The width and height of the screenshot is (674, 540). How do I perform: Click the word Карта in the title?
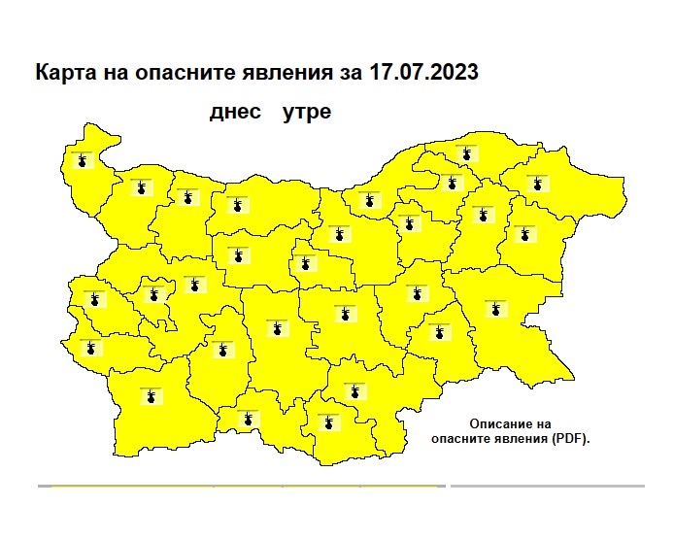pyautogui.click(x=63, y=74)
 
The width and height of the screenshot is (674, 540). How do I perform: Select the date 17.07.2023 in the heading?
pyautogui.click(x=423, y=74)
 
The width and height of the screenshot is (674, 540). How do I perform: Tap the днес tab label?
pyautogui.click(x=236, y=112)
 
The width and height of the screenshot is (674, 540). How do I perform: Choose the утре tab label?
pyautogui.click(x=307, y=112)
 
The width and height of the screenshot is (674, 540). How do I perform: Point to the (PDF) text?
pyautogui.click(x=568, y=438)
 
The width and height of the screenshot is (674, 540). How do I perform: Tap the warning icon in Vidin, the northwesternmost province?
pyautogui.click(x=83, y=160)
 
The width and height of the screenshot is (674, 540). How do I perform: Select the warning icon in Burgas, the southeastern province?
pyautogui.click(x=496, y=310)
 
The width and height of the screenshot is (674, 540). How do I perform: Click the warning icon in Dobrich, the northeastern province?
pyautogui.click(x=534, y=183)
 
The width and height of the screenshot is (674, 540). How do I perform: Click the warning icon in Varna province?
pyautogui.click(x=525, y=234)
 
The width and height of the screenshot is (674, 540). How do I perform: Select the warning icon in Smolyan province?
pyautogui.click(x=248, y=419)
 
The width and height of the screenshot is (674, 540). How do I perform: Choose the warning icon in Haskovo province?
pyautogui.click(x=354, y=391)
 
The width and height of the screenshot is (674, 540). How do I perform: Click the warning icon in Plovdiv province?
pyautogui.click(x=278, y=327)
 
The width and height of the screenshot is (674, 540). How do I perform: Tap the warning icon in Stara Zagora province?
pyautogui.click(x=345, y=315)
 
